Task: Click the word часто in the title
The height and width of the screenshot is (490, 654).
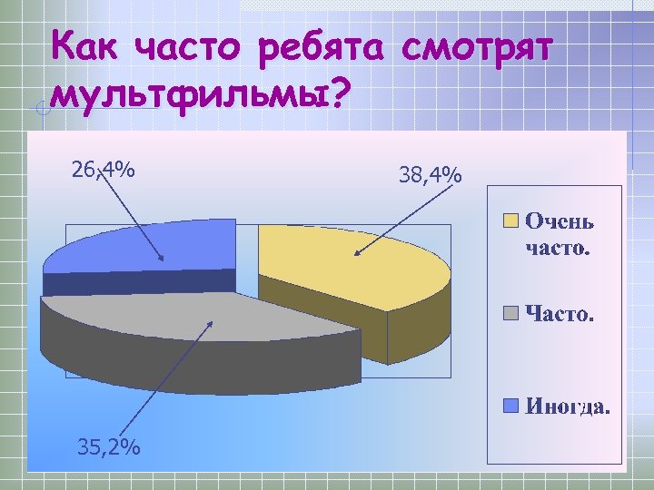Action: pos(190,46)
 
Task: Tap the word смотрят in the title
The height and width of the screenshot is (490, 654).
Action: pos(477,46)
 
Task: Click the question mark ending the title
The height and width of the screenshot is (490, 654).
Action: pos(338,93)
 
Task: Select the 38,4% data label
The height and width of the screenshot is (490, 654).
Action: pos(431,173)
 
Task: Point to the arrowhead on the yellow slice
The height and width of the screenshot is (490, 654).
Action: pos(357,253)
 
